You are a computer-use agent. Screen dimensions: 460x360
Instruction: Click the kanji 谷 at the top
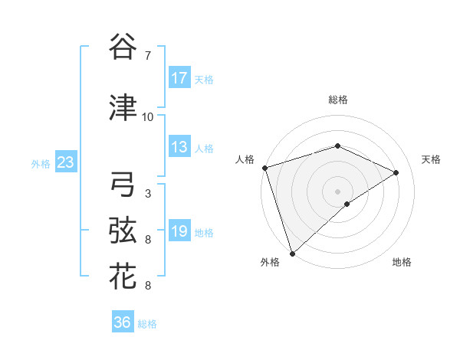click(123, 47)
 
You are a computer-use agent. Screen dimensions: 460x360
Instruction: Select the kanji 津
click(123, 108)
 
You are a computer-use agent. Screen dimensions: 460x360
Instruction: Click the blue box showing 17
click(179, 78)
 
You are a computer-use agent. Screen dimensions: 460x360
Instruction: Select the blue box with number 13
click(179, 148)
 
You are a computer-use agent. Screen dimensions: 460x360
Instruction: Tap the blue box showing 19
click(179, 232)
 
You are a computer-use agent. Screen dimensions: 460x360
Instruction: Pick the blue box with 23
click(65, 162)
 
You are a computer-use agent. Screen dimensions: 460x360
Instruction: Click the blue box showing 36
click(122, 322)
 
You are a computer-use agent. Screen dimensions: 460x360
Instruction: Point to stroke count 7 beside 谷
click(147, 56)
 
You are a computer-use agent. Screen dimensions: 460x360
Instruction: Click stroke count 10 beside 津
click(147, 117)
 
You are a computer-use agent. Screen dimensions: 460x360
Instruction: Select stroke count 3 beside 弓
click(147, 194)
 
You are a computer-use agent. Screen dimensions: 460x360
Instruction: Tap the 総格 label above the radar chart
click(338, 100)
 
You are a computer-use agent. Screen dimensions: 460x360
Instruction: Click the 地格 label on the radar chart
click(402, 263)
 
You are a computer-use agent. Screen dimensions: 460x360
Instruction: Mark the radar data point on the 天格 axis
click(396, 172)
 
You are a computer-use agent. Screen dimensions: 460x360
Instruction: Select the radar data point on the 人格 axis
click(264, 168)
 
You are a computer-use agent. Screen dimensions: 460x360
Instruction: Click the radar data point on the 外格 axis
click(292, 253)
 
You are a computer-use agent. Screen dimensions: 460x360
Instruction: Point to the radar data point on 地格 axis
click(347, 204)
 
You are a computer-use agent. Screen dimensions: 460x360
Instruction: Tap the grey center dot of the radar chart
click(338, 191)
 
